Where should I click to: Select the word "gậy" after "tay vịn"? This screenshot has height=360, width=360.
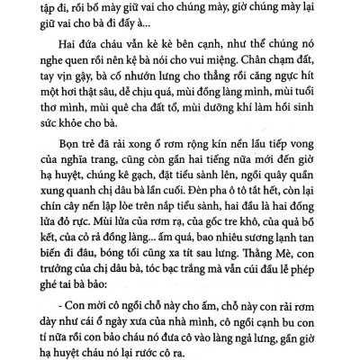(x=72, y=95)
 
